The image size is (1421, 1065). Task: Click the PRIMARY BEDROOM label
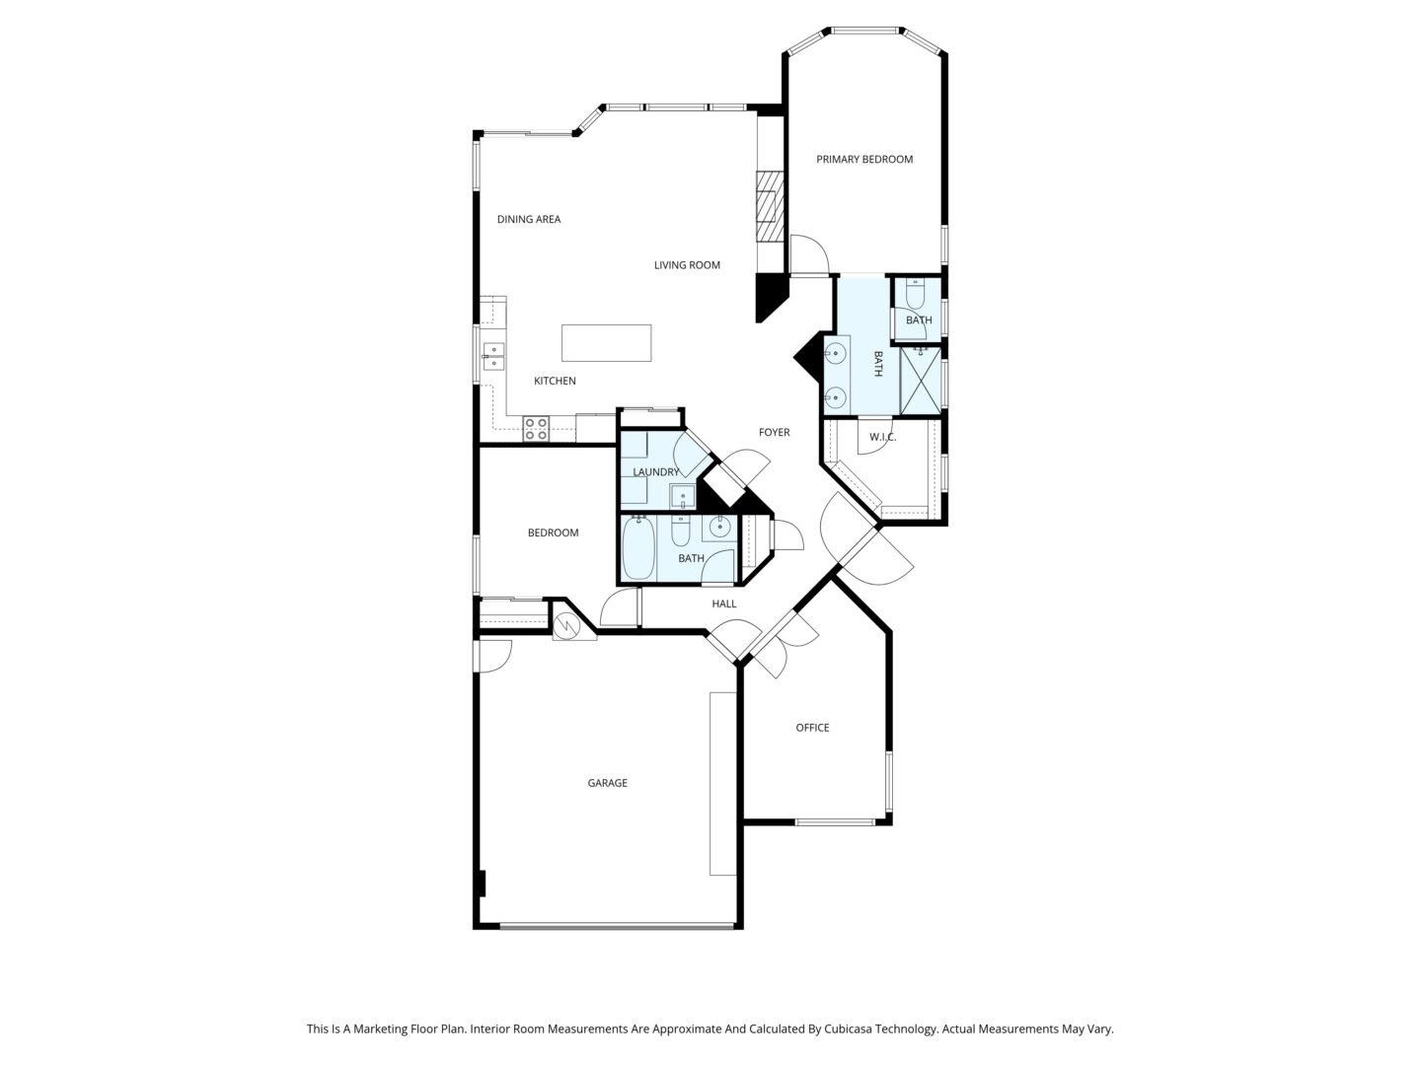pyautogui.click(x=863, y=159)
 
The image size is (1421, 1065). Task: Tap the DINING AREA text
pyautogui.click(x=528, y=219)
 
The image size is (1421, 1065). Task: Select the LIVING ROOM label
pyautogui.click(x=686, y=264)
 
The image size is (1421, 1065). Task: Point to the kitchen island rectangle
pyautogui.click(x=606, y=343)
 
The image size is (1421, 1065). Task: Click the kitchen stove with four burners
pyautogui.click(x=536, y=429)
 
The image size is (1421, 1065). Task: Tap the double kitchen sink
pyautogui.click(x=493, y=356)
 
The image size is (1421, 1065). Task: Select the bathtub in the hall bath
pyautogui.click(x=638, y=549)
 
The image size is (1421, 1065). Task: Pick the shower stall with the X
pyautogui.click(x=920, y=381)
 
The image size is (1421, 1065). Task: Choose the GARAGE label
pyautogui.click(x=607, y=782)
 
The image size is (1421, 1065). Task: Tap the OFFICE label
pyautogui.click(x=812, y=728)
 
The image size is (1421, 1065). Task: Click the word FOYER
pyautogui.click(x=774, y=432)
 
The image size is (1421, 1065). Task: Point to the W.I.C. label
pyautogui.click(x=882, y=437)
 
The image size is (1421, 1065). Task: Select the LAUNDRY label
pyautogui.click(x=655, y=472)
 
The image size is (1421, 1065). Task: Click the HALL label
pyautogui.click(x=723, y=603)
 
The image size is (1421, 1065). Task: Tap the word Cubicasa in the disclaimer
pyautogui.click(x=849, y=1029)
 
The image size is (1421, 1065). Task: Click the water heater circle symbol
pyautogui.click(x=567, y=624)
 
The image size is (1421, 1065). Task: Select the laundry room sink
pyautogui.click(x=682, y=497)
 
